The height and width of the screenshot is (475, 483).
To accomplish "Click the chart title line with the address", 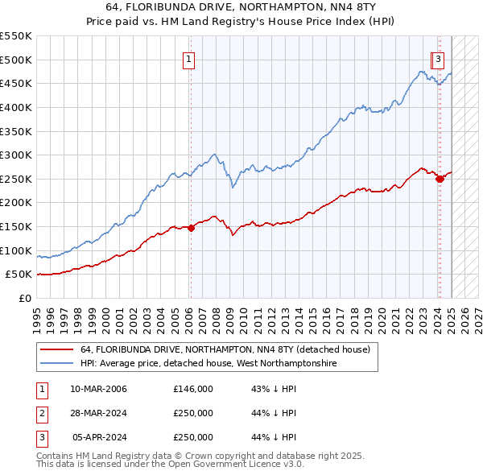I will coord(241,10).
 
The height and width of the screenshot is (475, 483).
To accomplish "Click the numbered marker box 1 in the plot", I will coord(188,59).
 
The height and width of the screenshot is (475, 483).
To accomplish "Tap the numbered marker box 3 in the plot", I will coord(438,59).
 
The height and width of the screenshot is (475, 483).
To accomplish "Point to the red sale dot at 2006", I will coord(191,228).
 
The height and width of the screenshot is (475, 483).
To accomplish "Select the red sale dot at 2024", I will coord(440,179).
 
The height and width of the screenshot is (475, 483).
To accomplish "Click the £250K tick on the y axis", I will coord(17,179).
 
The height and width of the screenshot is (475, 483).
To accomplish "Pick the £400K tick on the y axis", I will coord(17,107).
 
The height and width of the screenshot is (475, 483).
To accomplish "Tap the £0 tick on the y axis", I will coord(26,298).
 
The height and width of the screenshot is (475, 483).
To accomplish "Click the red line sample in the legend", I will coord(56,350).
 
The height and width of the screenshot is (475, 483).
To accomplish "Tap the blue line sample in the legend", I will coord(56,364).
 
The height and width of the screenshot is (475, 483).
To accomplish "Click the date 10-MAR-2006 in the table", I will coord(98,389).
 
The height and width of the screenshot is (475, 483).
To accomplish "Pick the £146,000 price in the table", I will coord(193,389).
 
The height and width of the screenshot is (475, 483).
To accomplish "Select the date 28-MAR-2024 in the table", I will coord(98,413).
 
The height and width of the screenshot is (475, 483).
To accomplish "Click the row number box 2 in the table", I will coord(40,413).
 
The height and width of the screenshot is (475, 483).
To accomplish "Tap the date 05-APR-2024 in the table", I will coord(99,437).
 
